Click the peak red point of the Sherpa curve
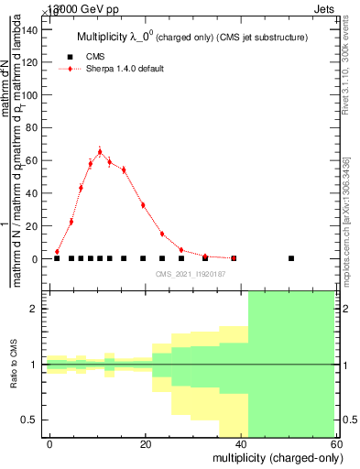100,151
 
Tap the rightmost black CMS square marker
291,258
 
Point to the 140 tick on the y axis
44,29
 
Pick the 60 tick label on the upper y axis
34,160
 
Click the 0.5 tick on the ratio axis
44,420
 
